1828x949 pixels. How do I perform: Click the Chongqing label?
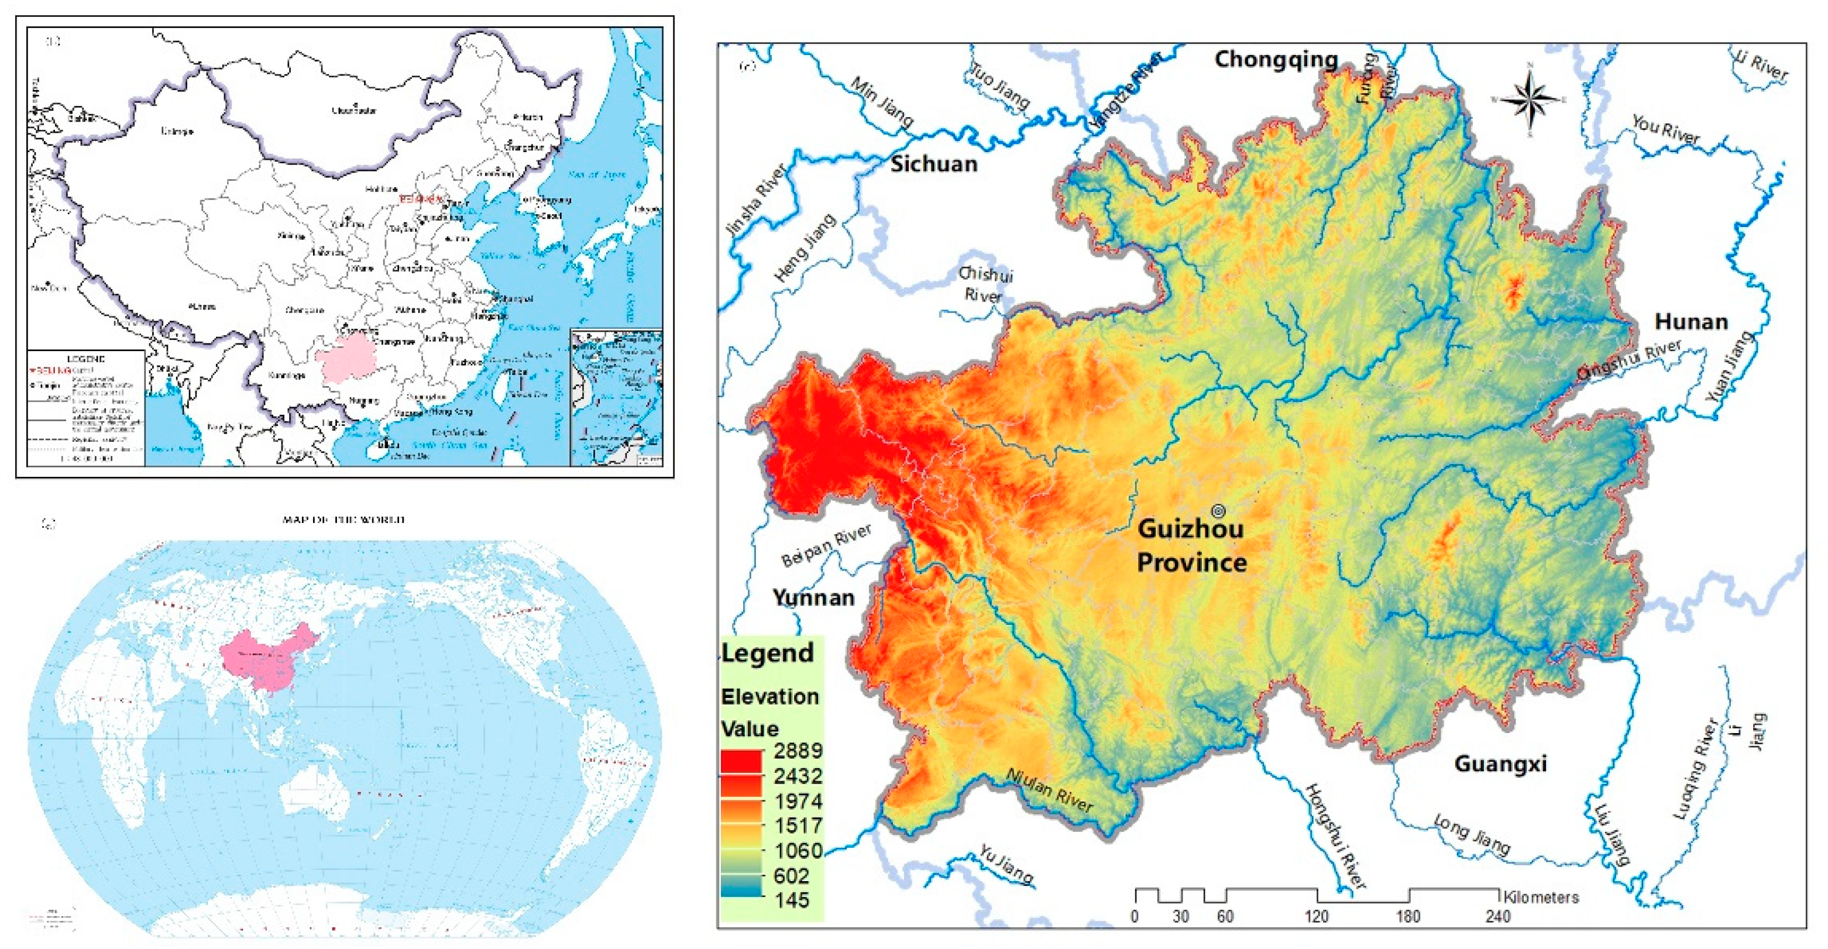1275,59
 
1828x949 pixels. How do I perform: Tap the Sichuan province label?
934,164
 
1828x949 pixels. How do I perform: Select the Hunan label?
1691,322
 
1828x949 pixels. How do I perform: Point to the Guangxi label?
1500,764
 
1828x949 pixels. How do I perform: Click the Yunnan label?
813,597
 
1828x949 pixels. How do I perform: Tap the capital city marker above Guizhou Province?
1218,510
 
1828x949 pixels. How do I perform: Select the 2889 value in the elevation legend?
798,750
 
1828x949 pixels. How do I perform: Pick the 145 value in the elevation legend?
791,899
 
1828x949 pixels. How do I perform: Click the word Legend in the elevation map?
767,652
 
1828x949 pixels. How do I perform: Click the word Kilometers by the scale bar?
1541,897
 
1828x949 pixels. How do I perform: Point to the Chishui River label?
985,284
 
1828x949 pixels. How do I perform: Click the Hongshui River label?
1335,835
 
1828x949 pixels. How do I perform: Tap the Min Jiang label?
881,102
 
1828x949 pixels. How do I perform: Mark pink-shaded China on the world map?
270,656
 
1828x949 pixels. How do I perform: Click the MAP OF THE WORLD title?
343,520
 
